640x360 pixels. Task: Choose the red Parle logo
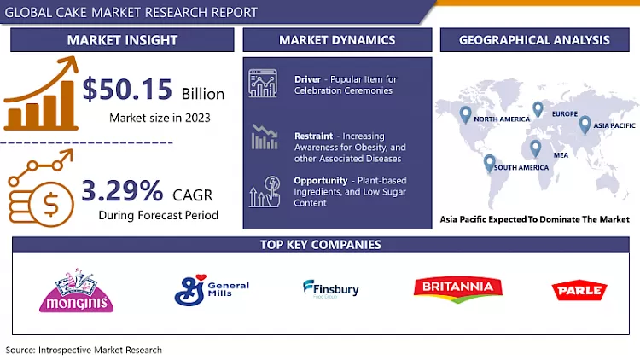(x=577, y=291)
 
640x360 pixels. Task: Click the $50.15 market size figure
(x=130, y=92)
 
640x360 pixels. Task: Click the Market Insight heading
(x=123, y=40)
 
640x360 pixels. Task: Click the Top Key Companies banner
(x=319, y=245)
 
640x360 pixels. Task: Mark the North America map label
(x=503, y=120)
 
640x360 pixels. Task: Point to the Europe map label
(x=564, y=113)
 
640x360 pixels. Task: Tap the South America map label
(x=520, y=167)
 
